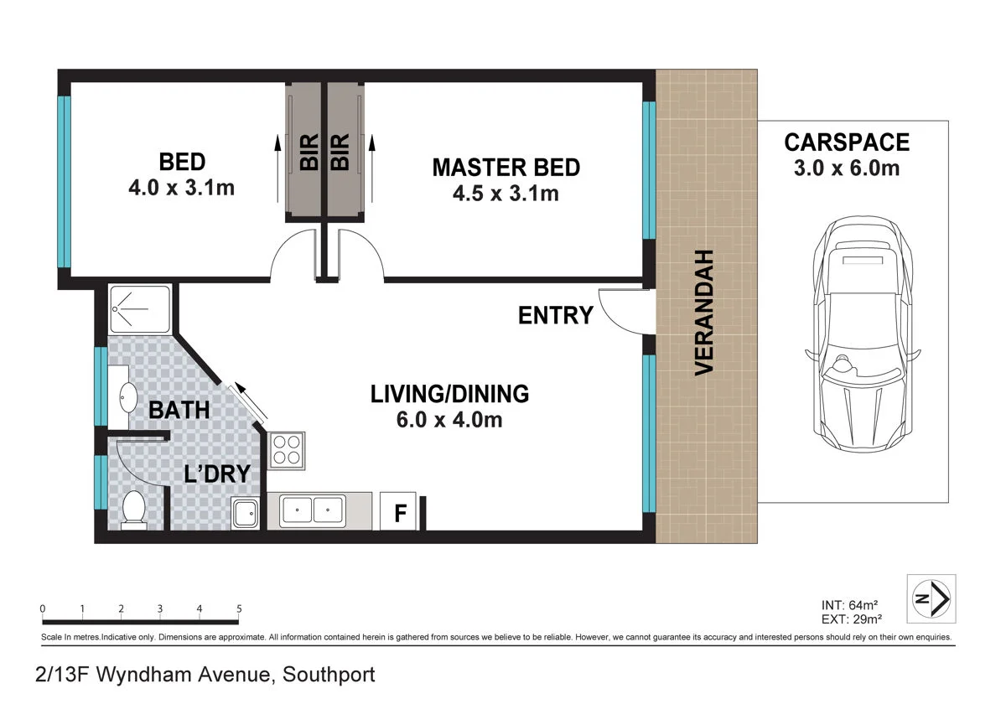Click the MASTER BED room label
point(506,168)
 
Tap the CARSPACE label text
point(847,142)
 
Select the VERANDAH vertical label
point(704,313)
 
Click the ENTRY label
point(556,315)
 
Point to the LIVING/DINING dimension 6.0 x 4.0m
point(449,420)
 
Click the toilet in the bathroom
point(134,510)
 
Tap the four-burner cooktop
point(287,450)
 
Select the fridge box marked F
point(398,511)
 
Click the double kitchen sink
point(313,510)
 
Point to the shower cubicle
point(140,309)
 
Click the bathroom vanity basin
point(128,397)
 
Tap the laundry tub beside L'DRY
point(245,513)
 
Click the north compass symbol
point(931,598)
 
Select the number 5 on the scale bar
point(239,608)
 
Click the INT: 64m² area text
point(849,605)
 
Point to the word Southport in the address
point(329,675)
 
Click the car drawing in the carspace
point(863,334)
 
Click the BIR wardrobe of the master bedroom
point(345,153)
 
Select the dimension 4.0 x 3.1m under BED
point(181,188)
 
